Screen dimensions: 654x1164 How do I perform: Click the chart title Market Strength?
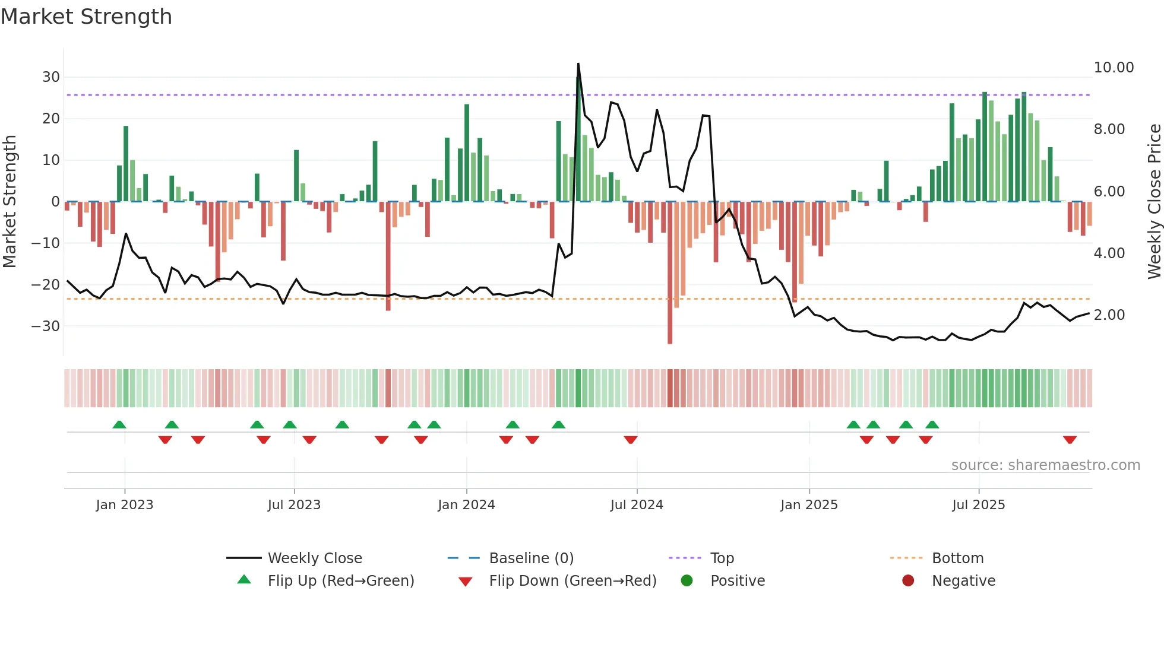click(86, 17)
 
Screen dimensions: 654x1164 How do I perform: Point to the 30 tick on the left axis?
click(51, 77)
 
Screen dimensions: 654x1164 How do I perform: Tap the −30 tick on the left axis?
click(46, 326)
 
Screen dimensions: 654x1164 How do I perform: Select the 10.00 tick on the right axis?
click(1114, 68)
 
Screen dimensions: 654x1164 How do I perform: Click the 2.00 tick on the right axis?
click(1109, 315)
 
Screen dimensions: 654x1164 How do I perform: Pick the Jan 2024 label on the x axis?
click(466, 505)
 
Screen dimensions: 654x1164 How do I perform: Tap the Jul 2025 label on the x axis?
click(978, 505)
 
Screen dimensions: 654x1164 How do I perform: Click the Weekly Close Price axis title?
click(1154, 202)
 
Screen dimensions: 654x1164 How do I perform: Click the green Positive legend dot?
click(687, 581)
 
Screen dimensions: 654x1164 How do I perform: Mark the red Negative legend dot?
click(908, 581)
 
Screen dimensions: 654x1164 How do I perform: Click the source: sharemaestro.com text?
click(1045, 465)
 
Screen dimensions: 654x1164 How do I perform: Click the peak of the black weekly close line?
click(578, 64)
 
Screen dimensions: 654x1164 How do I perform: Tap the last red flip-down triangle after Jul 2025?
click(1070, 440)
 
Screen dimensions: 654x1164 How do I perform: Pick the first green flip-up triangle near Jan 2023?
click(119, 424)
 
